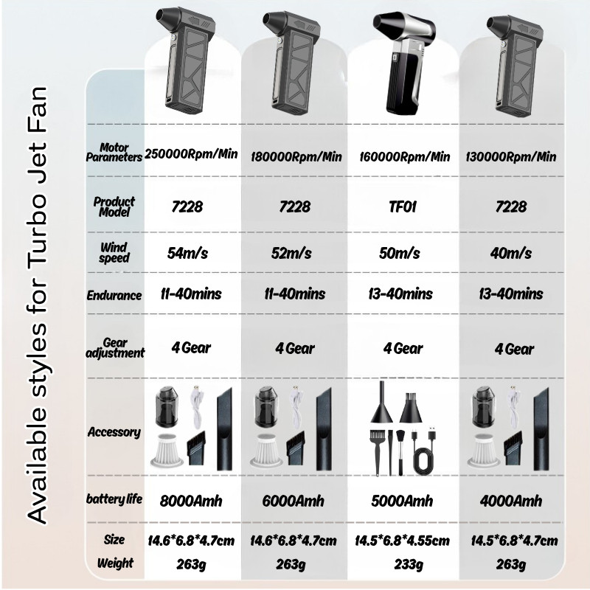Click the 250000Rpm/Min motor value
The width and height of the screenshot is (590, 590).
tap(191, 153)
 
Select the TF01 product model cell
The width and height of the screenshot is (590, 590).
tap(403, 206)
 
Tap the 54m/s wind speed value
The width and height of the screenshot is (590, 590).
tap(187, 253)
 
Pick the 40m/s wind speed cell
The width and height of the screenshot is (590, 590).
tap(510, 253)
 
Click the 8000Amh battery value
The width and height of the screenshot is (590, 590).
tap(191, 501)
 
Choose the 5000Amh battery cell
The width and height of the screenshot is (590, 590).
tap(402, 501)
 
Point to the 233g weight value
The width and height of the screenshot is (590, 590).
tap(409, 564)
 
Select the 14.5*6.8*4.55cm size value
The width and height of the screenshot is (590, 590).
tap(402, 541)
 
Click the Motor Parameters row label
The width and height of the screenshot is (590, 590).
tap(114, 153)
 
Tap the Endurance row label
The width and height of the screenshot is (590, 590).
tap(114, 296)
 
